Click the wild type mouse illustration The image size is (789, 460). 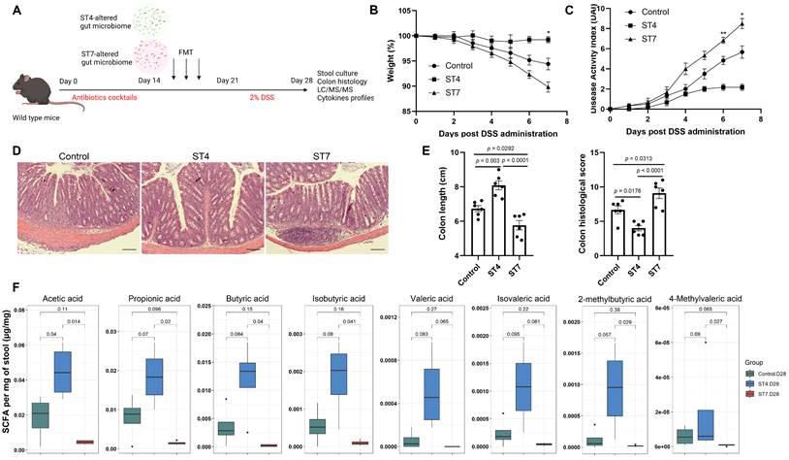(x=29, y=93)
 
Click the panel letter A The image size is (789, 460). (x=14, y=11)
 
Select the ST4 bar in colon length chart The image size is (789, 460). (x=499, y=215)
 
